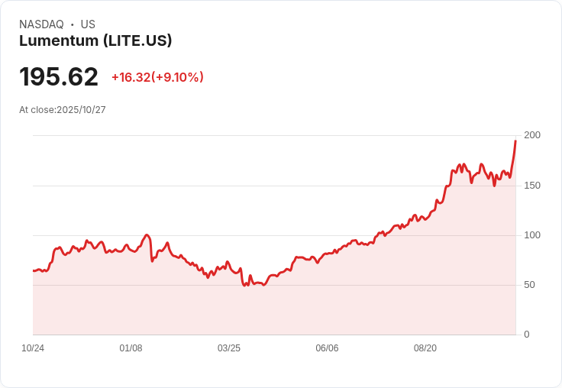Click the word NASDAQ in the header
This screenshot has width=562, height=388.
pyautogui.click(x=41, y=24)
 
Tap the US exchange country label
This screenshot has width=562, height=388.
pyautogui.click(x=88, y=24)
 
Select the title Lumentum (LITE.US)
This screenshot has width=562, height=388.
pyautogui.click(x=95, y=41)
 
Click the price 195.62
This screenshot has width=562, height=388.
pyautogui.click(x=59, y=77)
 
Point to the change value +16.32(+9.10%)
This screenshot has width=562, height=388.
pyautogui.click(x=157, y=77)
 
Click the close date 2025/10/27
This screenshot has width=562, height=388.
pyautogui.click(x=81, y=110)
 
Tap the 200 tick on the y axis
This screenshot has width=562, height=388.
pyautogui.click(x=531, y=135)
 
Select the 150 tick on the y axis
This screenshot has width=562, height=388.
pyautogui.click(x=531, y=186)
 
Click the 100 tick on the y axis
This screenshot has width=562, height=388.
pyautogui.click(x=531, y=235)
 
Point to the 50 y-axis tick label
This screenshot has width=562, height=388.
pyautogui.click(x=529, y=285)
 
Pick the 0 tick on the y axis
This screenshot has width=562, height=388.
pyautogui.click(x=526, y=335)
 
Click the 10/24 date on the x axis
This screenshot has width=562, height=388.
pyautogui.click(x=33, y=348)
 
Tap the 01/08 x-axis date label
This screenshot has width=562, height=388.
pyautogui.click(x=131, y=348)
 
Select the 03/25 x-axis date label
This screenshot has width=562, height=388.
pyautogui.click(x=228, y=348)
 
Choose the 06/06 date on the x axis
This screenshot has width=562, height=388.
pyautogui.click(x=327, y=348)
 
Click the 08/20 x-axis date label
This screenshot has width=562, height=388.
pyautogui.click(x=425, y=348)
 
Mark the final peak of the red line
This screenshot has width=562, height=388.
pyautogui.click(x=515, y=141)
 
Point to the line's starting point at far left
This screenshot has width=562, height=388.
pyautogui.click(x=34, y=270)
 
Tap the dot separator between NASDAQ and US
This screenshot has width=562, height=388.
pyautogui.click(x=73, y=24)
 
